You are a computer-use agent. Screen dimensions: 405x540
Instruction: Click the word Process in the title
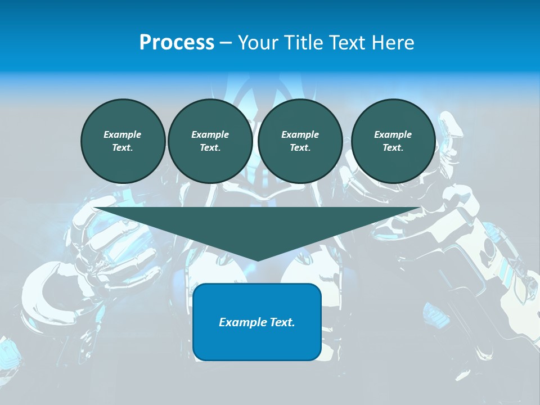tap(177, 43)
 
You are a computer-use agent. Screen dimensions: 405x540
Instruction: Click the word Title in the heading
tap(301, 43)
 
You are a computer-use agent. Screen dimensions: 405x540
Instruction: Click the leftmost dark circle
tap(123, 141)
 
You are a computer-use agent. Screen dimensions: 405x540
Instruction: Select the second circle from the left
tap(210, 141)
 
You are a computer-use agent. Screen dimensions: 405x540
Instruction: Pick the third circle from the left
tap(300, 141)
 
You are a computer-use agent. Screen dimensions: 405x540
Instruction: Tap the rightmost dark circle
tap(393, 141)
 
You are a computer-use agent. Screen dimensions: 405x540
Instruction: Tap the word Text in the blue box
tap(281, 322)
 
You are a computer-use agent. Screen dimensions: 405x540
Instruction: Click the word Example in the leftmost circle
tap(123, 134)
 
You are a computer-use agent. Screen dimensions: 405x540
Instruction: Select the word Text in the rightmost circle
tap(393, 147)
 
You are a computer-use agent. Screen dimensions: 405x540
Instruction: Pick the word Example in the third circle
tap(300, 134)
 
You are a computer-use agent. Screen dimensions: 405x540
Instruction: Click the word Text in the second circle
tap(210, 147)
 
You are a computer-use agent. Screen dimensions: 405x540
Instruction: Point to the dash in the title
tap(226, 43)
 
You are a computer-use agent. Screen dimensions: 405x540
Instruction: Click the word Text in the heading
tap(347, 43)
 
